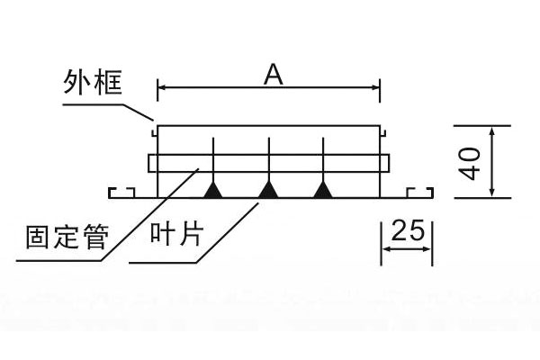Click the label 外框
(x=93, y=84)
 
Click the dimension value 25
(x=408, y=231)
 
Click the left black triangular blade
(x=213, y=189)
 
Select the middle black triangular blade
(x=268, y=189)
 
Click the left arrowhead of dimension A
(x=162, y=87)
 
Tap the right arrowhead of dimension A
(x=376, y=87)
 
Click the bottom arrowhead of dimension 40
(x=492, y=192)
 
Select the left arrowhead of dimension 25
(x=384, y=250)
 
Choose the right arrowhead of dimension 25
(x=429, y=250)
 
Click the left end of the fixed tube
(x=149, y=163)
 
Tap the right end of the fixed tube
(x=389, y=163)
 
